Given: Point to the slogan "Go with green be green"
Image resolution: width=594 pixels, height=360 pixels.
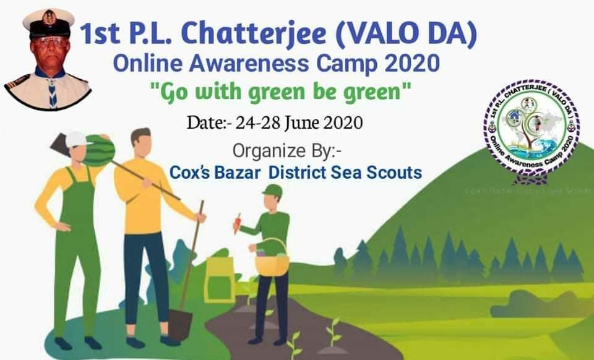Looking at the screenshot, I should click(281, 95).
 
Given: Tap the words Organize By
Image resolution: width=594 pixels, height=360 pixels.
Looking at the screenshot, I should click(276, 150).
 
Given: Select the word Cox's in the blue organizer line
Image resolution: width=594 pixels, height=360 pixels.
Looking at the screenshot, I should click(189, 173).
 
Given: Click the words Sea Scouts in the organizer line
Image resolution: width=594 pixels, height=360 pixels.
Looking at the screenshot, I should click(384, 173).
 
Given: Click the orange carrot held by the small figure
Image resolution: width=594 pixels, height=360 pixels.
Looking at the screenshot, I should click(237, 223).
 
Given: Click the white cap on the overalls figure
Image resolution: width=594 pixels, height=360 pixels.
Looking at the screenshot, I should click(75, 139).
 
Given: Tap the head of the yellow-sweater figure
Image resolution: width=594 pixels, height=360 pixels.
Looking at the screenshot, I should click(141, 142).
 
